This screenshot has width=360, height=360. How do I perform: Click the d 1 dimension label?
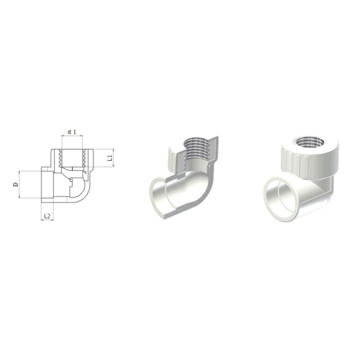tap(71, 132)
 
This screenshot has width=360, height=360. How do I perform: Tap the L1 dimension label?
tap(110, 158)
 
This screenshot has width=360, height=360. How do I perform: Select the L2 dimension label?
tap(47, 216)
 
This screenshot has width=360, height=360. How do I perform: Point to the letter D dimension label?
tap(16, 184)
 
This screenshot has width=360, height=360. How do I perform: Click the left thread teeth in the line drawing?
tap(60, 158)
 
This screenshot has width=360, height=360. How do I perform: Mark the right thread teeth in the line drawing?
tap(84, 158)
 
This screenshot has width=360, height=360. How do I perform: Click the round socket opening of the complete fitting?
tap(280, 199)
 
